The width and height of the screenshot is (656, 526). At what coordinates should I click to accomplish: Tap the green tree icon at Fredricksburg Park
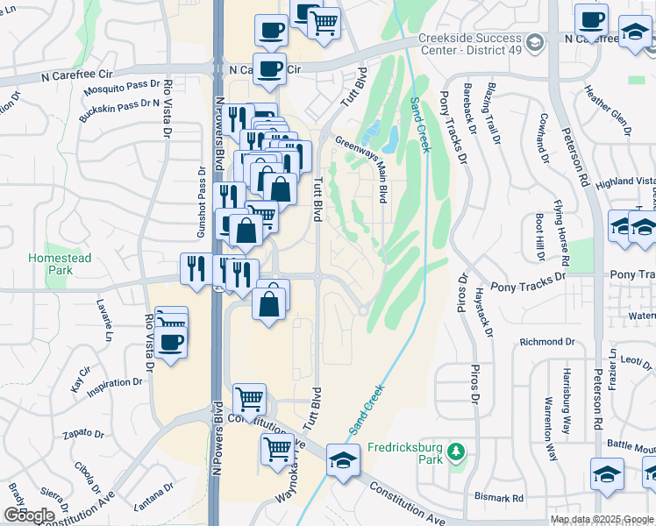pyautogui.click(x=455, y=451)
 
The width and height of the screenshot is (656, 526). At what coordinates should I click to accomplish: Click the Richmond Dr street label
pyautogui.click(x=546, y=342)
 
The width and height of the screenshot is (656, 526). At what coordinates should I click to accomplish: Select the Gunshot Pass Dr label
pyautogui.click(x=200, y=215)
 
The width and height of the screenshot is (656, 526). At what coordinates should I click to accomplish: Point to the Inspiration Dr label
pyautogui.click(x=115, y=383)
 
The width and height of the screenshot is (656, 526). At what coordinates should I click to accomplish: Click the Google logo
pyautogui.click(x=29, y=515)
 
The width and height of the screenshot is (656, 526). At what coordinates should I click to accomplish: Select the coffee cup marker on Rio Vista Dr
pyautogui.click(x=172, y=341)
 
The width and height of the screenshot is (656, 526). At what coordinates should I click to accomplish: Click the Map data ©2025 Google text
pyautogui.click(x=601, y=519)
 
